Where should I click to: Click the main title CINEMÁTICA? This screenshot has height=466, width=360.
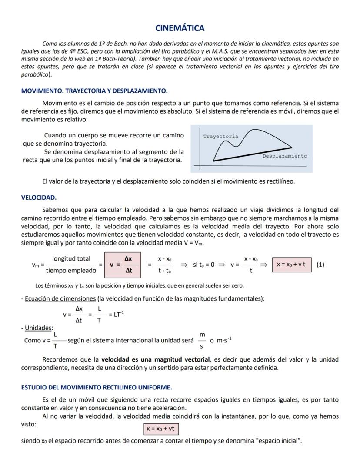pyautogui.click(x=180, y=28)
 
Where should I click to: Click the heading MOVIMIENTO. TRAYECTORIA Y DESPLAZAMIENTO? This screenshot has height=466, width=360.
pyautogui.click(x=94, y=91)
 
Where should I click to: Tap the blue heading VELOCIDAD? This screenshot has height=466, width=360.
pyautogui.click(x=39, y=198)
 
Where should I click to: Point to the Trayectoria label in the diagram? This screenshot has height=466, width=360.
pyautogui.click(x=220, y=137)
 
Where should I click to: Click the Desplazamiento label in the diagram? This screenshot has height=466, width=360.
pyautogui.click(x=284, y=156)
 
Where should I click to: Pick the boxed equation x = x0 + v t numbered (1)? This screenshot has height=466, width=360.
pyautogui.click(x=291, y=265)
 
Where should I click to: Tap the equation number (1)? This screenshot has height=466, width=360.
pyautogui.click(x=320, y=265)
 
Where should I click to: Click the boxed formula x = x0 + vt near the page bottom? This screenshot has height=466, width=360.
pyautogui.click(x=161, y=429)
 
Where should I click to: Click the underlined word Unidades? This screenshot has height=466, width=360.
pyautogui.click(x=38, y=328)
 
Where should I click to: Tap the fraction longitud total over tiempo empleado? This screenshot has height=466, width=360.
pyautogui.click(x=71, y=265)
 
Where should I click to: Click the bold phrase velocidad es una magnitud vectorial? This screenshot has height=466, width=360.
pyautogui.click(x=155, y=359)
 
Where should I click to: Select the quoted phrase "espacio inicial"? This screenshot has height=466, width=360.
pyautogui.click(x=279, y=441)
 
